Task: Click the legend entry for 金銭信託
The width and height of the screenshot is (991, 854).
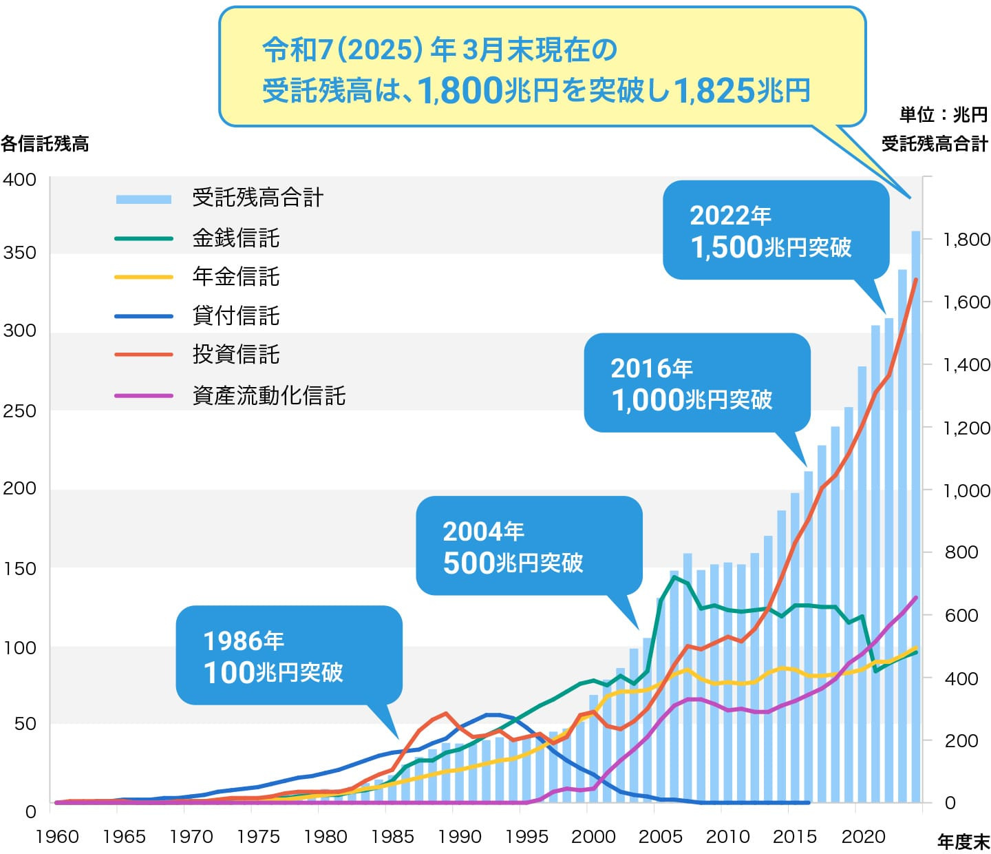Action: (x=235, y=238)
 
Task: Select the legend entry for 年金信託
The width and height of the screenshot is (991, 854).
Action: (x=235, y=277)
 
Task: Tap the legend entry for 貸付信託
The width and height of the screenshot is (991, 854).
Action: (x=235, y=316)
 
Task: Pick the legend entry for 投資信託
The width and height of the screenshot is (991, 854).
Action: (x=235, y=355)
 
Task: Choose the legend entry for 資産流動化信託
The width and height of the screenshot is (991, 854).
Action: (x=268, y=396)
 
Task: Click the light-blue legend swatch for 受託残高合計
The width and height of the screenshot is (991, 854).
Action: (x=143, y=199)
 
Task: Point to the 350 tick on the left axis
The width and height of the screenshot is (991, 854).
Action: (x=19, y=253)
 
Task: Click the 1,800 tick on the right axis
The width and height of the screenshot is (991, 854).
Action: (x=966, y=240)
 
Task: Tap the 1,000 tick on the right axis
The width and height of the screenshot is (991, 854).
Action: (x=966, y=490)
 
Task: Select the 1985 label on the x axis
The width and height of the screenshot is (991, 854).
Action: (x=392, y=837)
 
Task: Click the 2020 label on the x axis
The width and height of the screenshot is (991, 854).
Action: (x=864, y=837)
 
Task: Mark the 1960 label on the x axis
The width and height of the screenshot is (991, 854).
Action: (x=57, y=837)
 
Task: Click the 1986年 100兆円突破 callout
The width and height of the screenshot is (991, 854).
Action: (x=289, y=656)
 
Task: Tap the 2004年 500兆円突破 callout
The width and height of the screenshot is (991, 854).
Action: (x=529, y=546)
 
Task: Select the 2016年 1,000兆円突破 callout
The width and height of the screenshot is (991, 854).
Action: (x=696, y=383)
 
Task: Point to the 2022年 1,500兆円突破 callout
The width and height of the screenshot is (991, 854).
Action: (x=776, y=230)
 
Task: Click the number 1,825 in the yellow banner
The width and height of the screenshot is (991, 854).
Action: (x=713, y=90)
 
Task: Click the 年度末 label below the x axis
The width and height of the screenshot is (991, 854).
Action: (x=963, y=842)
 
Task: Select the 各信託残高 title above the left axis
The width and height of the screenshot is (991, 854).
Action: (x=45, y=144)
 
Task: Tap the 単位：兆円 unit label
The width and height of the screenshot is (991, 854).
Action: (x=943, y=115)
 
